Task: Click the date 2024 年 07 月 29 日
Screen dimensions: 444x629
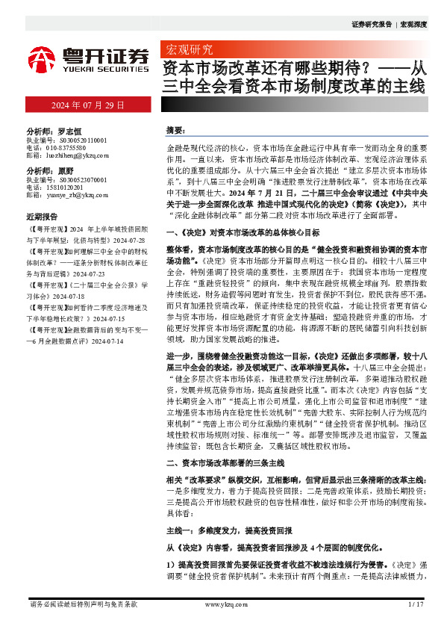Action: point(87,105)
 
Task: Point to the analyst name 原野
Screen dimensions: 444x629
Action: point(66,170)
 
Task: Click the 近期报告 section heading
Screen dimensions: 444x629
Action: point(42,216)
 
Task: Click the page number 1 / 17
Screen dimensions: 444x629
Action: point(416,604)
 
